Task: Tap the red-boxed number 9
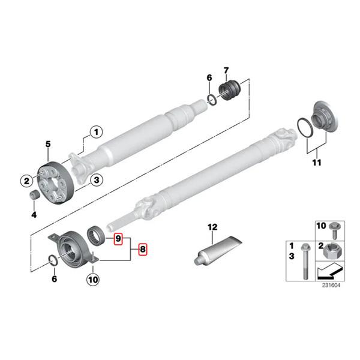tap(119, 239)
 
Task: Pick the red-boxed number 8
tap(142, 248)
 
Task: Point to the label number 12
tap(211, 227)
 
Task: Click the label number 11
tap(316, 163)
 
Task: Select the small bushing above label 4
tap(35, 196)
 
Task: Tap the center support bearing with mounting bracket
tap(71, 247)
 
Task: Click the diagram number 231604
tap(329, 285)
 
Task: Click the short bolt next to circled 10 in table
tap(335, 231)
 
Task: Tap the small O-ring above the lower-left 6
tap(53, 260)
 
